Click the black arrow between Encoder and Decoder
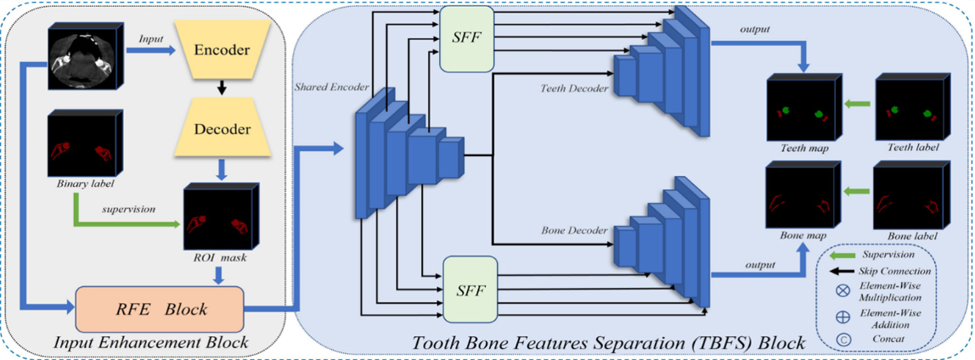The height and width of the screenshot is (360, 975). pyautogui.click(x=221, y=87)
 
